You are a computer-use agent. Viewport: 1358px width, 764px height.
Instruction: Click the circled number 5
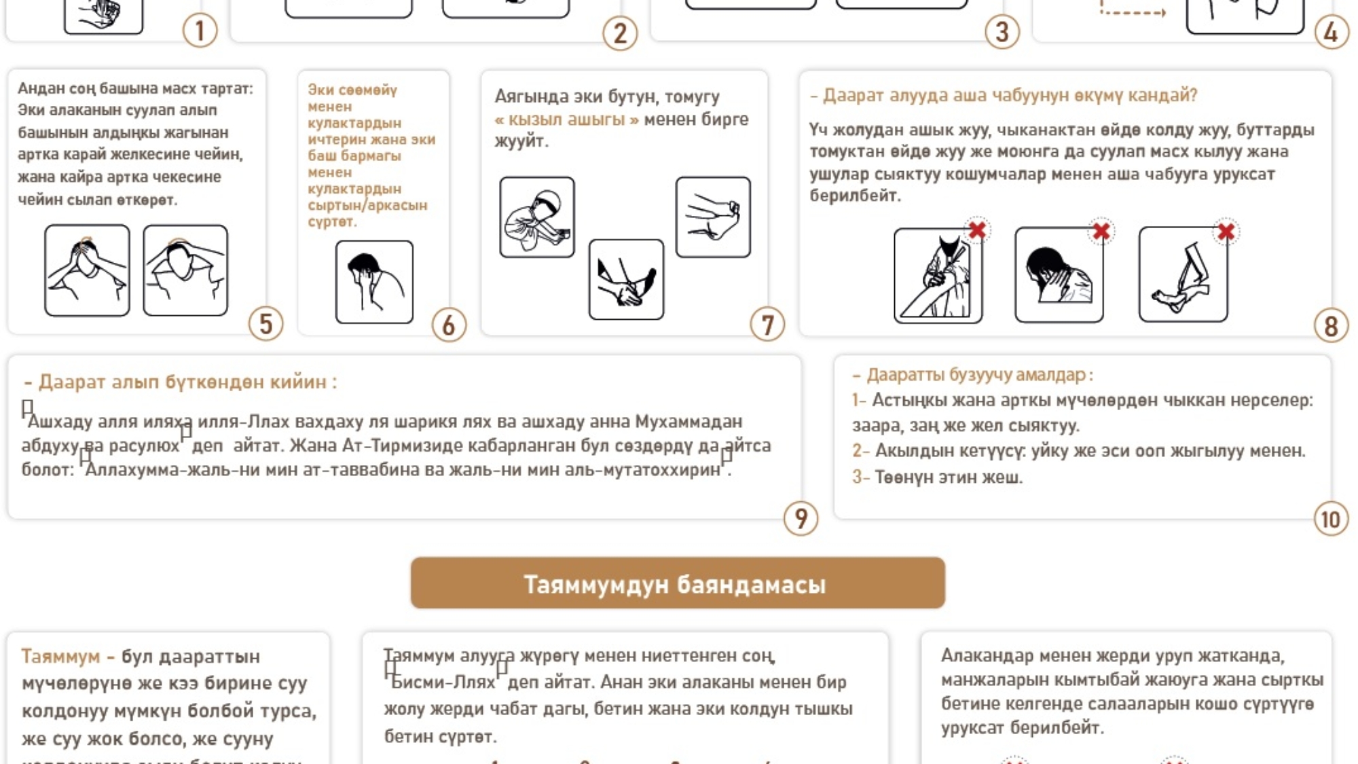(265, 324)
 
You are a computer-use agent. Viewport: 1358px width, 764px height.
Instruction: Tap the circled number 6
(449, 325)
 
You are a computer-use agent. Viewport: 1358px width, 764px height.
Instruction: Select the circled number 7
(767, 325)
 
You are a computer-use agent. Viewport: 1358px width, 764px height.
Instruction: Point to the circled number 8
(1331, 326)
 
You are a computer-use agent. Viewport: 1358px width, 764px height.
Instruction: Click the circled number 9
(801, 519)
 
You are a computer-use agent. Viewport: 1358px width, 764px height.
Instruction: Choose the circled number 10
(1331, 520)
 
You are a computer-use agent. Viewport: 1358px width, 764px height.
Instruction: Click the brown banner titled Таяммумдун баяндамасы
(677, 583)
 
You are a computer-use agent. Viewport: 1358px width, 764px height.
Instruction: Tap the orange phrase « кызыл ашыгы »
(567, 120)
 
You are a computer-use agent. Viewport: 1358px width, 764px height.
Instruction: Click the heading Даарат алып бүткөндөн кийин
(181, 382)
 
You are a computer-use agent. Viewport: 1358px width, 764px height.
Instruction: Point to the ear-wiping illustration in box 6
(374, 282)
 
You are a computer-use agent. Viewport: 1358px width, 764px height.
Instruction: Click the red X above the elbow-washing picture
(977, 231)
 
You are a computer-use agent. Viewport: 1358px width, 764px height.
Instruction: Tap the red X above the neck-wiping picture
(1101, 232)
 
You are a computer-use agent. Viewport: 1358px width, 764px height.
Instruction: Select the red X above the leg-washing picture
(1226, 232)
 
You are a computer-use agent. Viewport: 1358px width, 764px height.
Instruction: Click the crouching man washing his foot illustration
(536, 217)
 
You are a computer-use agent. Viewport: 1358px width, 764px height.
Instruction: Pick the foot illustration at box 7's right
(713, 217)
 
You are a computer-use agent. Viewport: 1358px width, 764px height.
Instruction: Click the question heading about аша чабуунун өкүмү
(1004, 96)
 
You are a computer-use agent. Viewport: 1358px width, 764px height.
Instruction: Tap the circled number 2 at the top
(620, 33)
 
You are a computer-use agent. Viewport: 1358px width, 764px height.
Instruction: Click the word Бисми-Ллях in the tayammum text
(443, 682)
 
